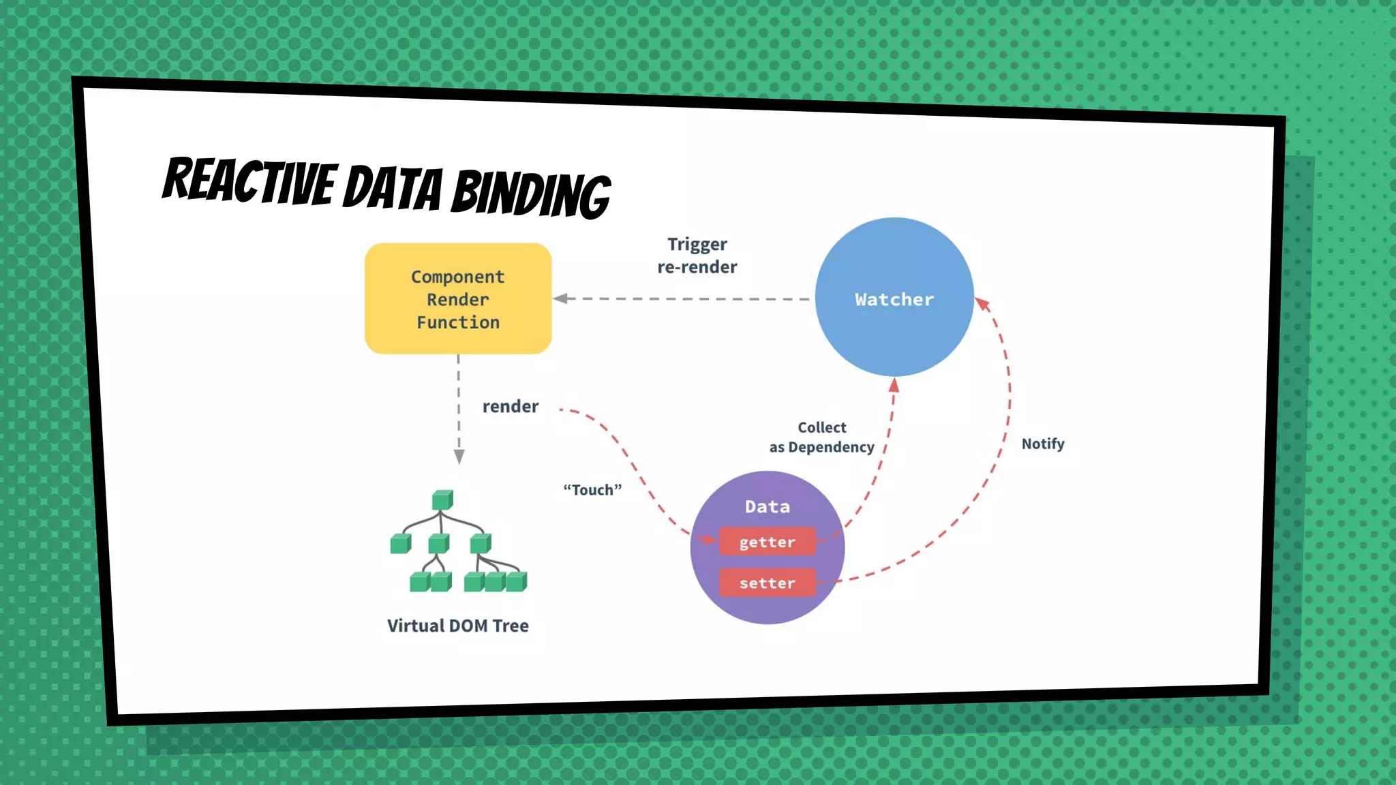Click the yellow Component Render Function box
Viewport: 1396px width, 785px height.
[458, 298]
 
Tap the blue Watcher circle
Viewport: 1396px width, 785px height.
[894, 297]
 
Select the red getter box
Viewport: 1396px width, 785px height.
[768, 542]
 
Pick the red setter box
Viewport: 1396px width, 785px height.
[768, 583]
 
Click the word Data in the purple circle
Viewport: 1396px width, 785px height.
[768, 507]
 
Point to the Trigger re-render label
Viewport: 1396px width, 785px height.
[697, 256]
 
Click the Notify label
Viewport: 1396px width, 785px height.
[1043, 444]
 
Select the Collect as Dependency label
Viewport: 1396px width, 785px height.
[822, 437]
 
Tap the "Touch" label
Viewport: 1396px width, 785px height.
[592, 490]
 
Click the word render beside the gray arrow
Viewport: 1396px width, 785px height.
[511, 407]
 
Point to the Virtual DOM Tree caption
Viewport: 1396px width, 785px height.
[458, 626]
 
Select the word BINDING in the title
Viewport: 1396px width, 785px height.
[531, 194]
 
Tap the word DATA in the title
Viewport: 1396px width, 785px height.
[393, 187]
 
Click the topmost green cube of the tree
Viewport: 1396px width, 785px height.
[442, 500]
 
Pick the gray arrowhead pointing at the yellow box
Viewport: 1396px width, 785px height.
[560, 298]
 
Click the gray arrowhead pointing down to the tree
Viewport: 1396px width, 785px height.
[459, 457]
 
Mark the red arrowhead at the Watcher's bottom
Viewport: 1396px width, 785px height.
[894, 385]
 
